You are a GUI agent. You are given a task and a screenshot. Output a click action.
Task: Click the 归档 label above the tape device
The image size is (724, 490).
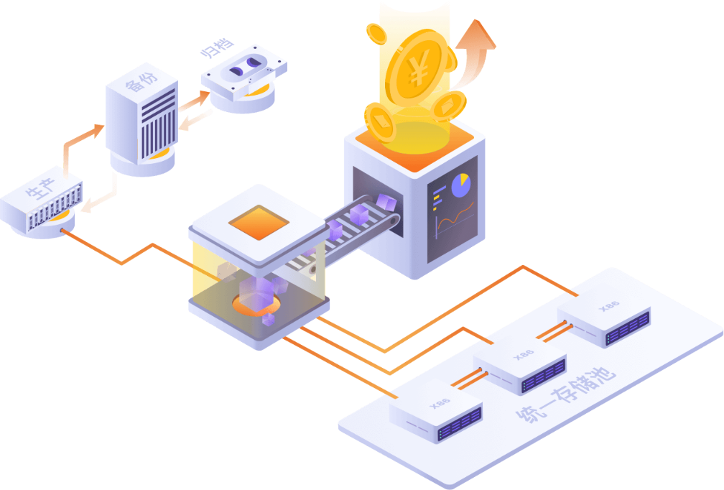pyautogui.click(x=217, y=48)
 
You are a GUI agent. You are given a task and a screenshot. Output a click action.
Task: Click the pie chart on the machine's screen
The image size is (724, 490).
pyautogui.click(x=461, y=185)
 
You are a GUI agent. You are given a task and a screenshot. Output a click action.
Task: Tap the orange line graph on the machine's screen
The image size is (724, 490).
pyautogui.click(x=455, y=218)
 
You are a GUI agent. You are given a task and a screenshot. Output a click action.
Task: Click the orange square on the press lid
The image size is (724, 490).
pyautogui.click(x=259, y=223)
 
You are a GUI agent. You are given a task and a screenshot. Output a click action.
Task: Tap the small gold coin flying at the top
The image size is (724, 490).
pyautogui.click(x=376, y=34)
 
